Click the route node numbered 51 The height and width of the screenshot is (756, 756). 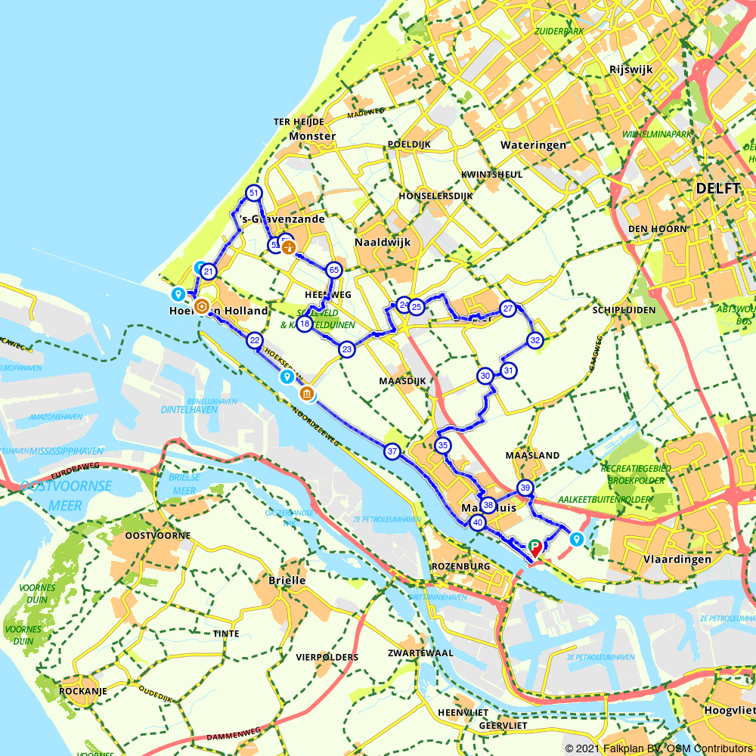click(x=253, y=194)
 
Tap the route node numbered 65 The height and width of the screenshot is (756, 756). click(x=333, y=270)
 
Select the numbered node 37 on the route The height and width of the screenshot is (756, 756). click(x=392, y=452)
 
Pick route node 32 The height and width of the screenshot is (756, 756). click(x=535, y=340)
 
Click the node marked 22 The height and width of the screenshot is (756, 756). click(x=254, y=341)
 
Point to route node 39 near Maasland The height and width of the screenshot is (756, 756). click(x=525, y=487)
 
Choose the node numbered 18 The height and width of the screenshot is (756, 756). click(x=305, y=324)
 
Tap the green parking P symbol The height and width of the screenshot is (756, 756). click(x=534, y=544)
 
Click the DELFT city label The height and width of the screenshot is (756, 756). click(x=717, y=188)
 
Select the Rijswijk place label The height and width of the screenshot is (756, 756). click(x=630, y=70)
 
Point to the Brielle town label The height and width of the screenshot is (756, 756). click(x=287, y=581)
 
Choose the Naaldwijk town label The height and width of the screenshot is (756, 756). click(x=382, y=243)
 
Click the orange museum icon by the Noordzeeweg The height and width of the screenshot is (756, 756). click(x=307, y=393)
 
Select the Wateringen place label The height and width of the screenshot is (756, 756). click(x=533, y=144)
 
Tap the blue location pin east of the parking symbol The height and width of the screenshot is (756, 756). click(x=576, y=539)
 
